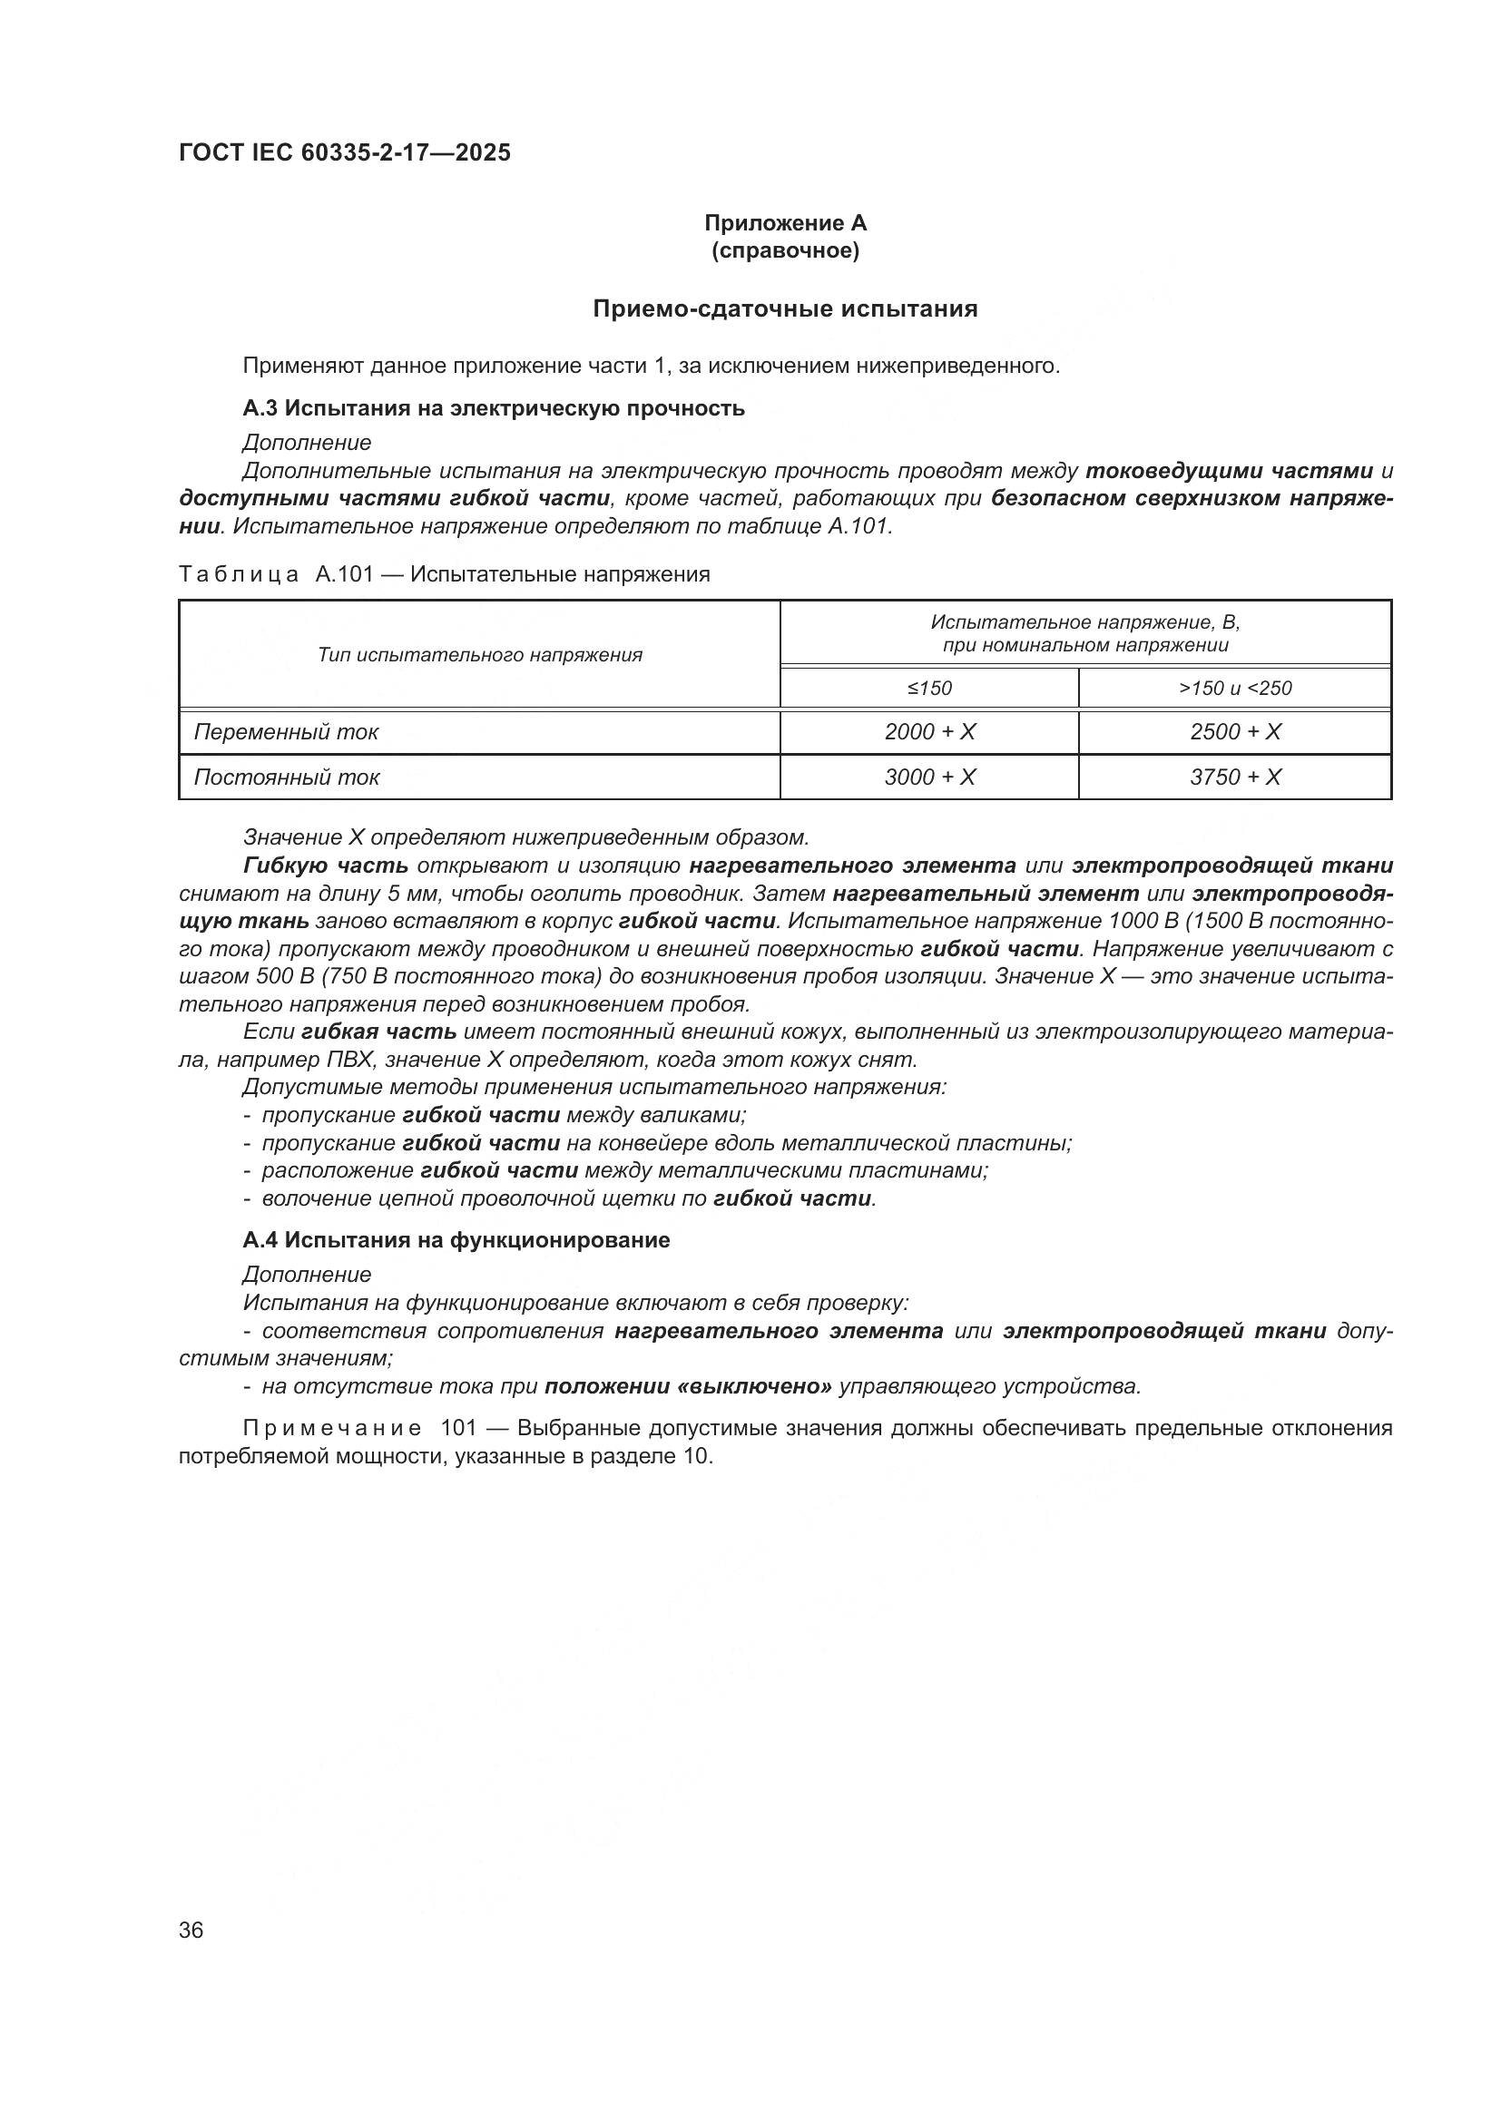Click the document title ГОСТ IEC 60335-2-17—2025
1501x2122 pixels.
point(344,152)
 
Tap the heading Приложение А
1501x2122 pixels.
point(785,223)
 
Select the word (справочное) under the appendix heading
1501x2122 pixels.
point(785,251)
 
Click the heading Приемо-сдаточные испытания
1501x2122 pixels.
point(785,308)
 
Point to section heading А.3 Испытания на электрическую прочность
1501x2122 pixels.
point(494,408)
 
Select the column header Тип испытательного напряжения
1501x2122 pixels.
point(480,655)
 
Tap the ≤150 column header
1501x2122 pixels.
point(929,689)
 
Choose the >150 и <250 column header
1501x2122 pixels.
point(1235,689)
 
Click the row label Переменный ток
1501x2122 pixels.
point(287,732)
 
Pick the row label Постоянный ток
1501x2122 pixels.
point(287,777)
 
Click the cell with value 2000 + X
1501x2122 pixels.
point(929,732)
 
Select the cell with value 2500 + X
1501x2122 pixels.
point(1235,732)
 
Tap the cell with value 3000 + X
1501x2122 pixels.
point(929,777)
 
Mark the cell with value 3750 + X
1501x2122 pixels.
point(1235,777)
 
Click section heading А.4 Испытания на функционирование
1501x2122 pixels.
point(456,1240)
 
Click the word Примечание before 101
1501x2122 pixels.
point(332,1429)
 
